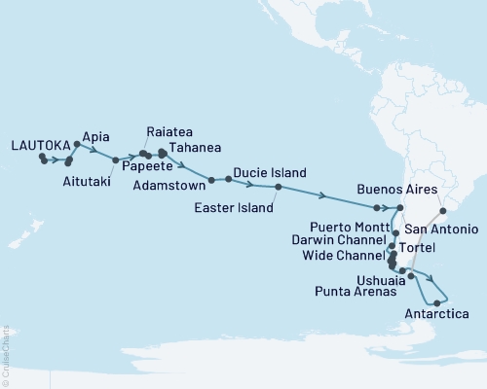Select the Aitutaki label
(86, 182)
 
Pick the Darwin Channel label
(336, 238)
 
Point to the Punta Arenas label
(355, 291)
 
